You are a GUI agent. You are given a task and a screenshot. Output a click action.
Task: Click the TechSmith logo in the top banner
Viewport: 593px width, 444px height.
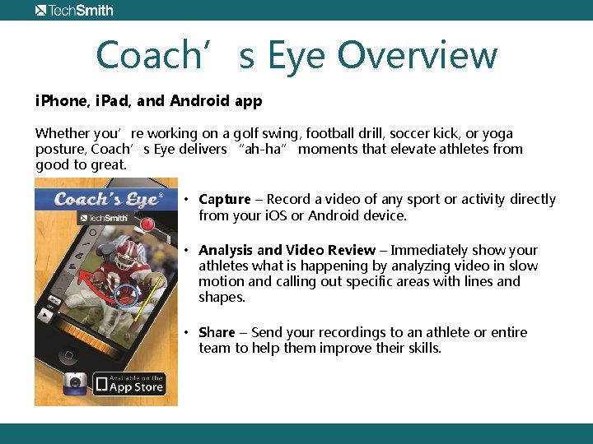[x=74, y=11]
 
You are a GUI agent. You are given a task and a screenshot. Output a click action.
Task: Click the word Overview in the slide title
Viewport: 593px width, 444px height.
[x=418, y=56]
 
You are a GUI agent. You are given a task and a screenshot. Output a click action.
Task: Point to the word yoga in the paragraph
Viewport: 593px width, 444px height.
[x=497, y=133]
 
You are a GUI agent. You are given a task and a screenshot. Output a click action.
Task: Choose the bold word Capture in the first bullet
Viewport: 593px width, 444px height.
[x=224, y=199]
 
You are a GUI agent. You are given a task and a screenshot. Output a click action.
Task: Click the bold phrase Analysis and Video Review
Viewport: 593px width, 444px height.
[x=287, y=250]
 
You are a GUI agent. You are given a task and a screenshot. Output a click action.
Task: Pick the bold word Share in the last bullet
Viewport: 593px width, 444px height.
[x=217, y=332]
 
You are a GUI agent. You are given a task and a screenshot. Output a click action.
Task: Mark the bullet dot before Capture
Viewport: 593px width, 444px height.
[x=188, y=199]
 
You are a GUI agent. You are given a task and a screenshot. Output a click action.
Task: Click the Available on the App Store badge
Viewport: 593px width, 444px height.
[x=129, y=382]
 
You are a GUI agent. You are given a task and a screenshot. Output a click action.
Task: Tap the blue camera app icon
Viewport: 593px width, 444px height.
[x=76, y=383]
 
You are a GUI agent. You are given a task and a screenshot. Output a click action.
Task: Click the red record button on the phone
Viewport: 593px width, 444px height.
[x=147, y=224]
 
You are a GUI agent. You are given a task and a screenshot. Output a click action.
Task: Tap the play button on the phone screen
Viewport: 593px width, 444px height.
[x=48, y=313]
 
